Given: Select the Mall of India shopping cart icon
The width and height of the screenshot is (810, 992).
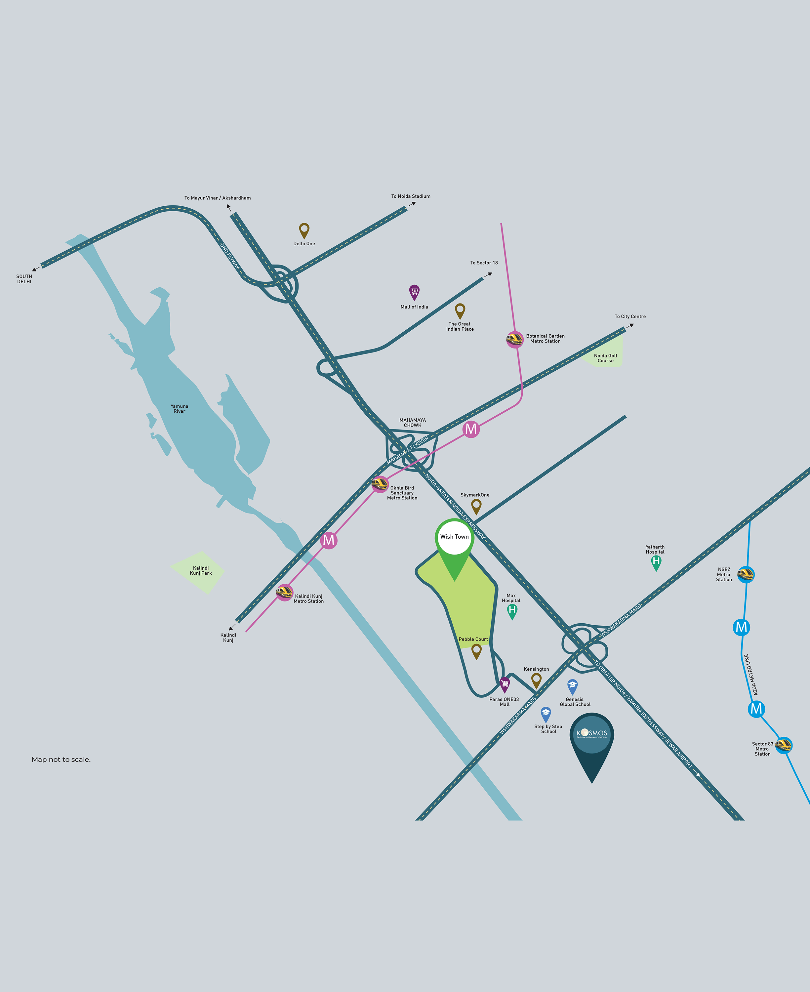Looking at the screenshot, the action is [x=414, y=292].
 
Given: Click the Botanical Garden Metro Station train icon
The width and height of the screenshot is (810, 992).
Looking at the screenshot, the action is [x=515, y=339].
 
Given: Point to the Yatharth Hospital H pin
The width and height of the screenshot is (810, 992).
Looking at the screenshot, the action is [x=656, y=562].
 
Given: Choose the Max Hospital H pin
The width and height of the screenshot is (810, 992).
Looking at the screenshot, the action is [x=512, y=611].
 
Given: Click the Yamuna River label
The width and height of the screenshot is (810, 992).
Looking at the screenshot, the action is [x=179, y=409].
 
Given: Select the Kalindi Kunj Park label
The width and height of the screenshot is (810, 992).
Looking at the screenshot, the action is [x=201, y=571].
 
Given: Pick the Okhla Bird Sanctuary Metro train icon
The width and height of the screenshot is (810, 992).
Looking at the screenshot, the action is [x=380, y=484].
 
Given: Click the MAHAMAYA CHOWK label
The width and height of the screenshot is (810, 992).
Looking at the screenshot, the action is [x=413, y=423].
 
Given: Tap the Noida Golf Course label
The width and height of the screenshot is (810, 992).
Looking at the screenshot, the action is [x=606, y=358].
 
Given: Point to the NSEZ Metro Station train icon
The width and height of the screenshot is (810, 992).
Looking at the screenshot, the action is [x=746, y=574].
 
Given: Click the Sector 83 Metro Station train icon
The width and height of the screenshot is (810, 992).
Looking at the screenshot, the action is [x=784, y=745].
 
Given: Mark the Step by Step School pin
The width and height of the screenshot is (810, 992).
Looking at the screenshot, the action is [x=546, y=714].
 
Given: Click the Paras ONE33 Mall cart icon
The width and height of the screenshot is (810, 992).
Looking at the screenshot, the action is [x=505, y=684].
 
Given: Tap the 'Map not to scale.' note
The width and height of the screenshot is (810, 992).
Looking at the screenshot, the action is [x=61, y=760].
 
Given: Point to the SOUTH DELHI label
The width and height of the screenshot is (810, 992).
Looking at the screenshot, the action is [x=24, y=279].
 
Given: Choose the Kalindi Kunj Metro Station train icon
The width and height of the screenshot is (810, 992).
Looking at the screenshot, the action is [x=284, y=593].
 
